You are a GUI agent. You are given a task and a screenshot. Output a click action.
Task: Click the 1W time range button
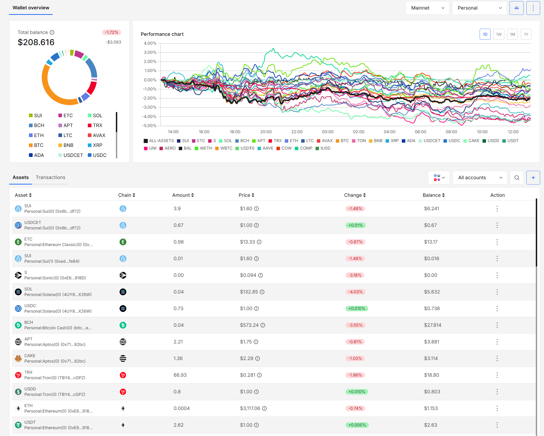[499, 34]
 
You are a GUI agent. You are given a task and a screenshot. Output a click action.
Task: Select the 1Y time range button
[526, 34]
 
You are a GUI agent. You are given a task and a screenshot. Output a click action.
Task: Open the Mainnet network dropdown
[427, 8]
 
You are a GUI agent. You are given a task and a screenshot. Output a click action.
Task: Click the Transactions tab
[50, 177]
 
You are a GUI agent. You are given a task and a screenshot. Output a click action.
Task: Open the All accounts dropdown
[479, 178]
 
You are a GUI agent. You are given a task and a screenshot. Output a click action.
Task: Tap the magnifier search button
[516, 178]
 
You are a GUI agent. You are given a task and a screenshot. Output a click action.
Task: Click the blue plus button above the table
[533, 178]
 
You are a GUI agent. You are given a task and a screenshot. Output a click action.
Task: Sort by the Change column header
[354, 195]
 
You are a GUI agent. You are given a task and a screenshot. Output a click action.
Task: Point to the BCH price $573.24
[249, 325]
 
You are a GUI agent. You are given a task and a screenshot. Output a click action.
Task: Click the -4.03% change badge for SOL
[355, 292]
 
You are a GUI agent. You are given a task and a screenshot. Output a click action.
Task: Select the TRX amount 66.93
[180, 375]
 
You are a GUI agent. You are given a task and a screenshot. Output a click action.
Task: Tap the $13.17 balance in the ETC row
[431, 242]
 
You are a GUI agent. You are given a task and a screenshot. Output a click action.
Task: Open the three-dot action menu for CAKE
[497, 358]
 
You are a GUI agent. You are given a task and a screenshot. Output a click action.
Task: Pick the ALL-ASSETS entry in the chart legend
[159, 140]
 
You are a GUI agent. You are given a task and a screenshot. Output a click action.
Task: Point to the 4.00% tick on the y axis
[150, 43]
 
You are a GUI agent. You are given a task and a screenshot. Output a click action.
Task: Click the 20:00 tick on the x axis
[266, 132]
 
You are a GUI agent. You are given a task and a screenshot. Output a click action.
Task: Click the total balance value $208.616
[36, 42]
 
